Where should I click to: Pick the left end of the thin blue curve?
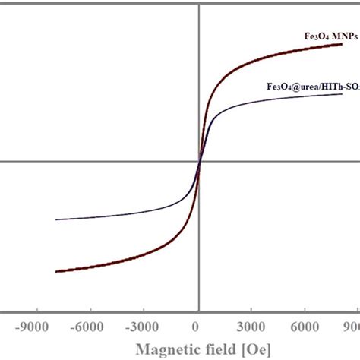pos(56,219)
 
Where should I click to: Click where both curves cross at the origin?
pos(199,160)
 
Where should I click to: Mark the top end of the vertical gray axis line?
pos(199,2)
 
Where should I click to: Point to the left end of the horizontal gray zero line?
pos(2,160)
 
